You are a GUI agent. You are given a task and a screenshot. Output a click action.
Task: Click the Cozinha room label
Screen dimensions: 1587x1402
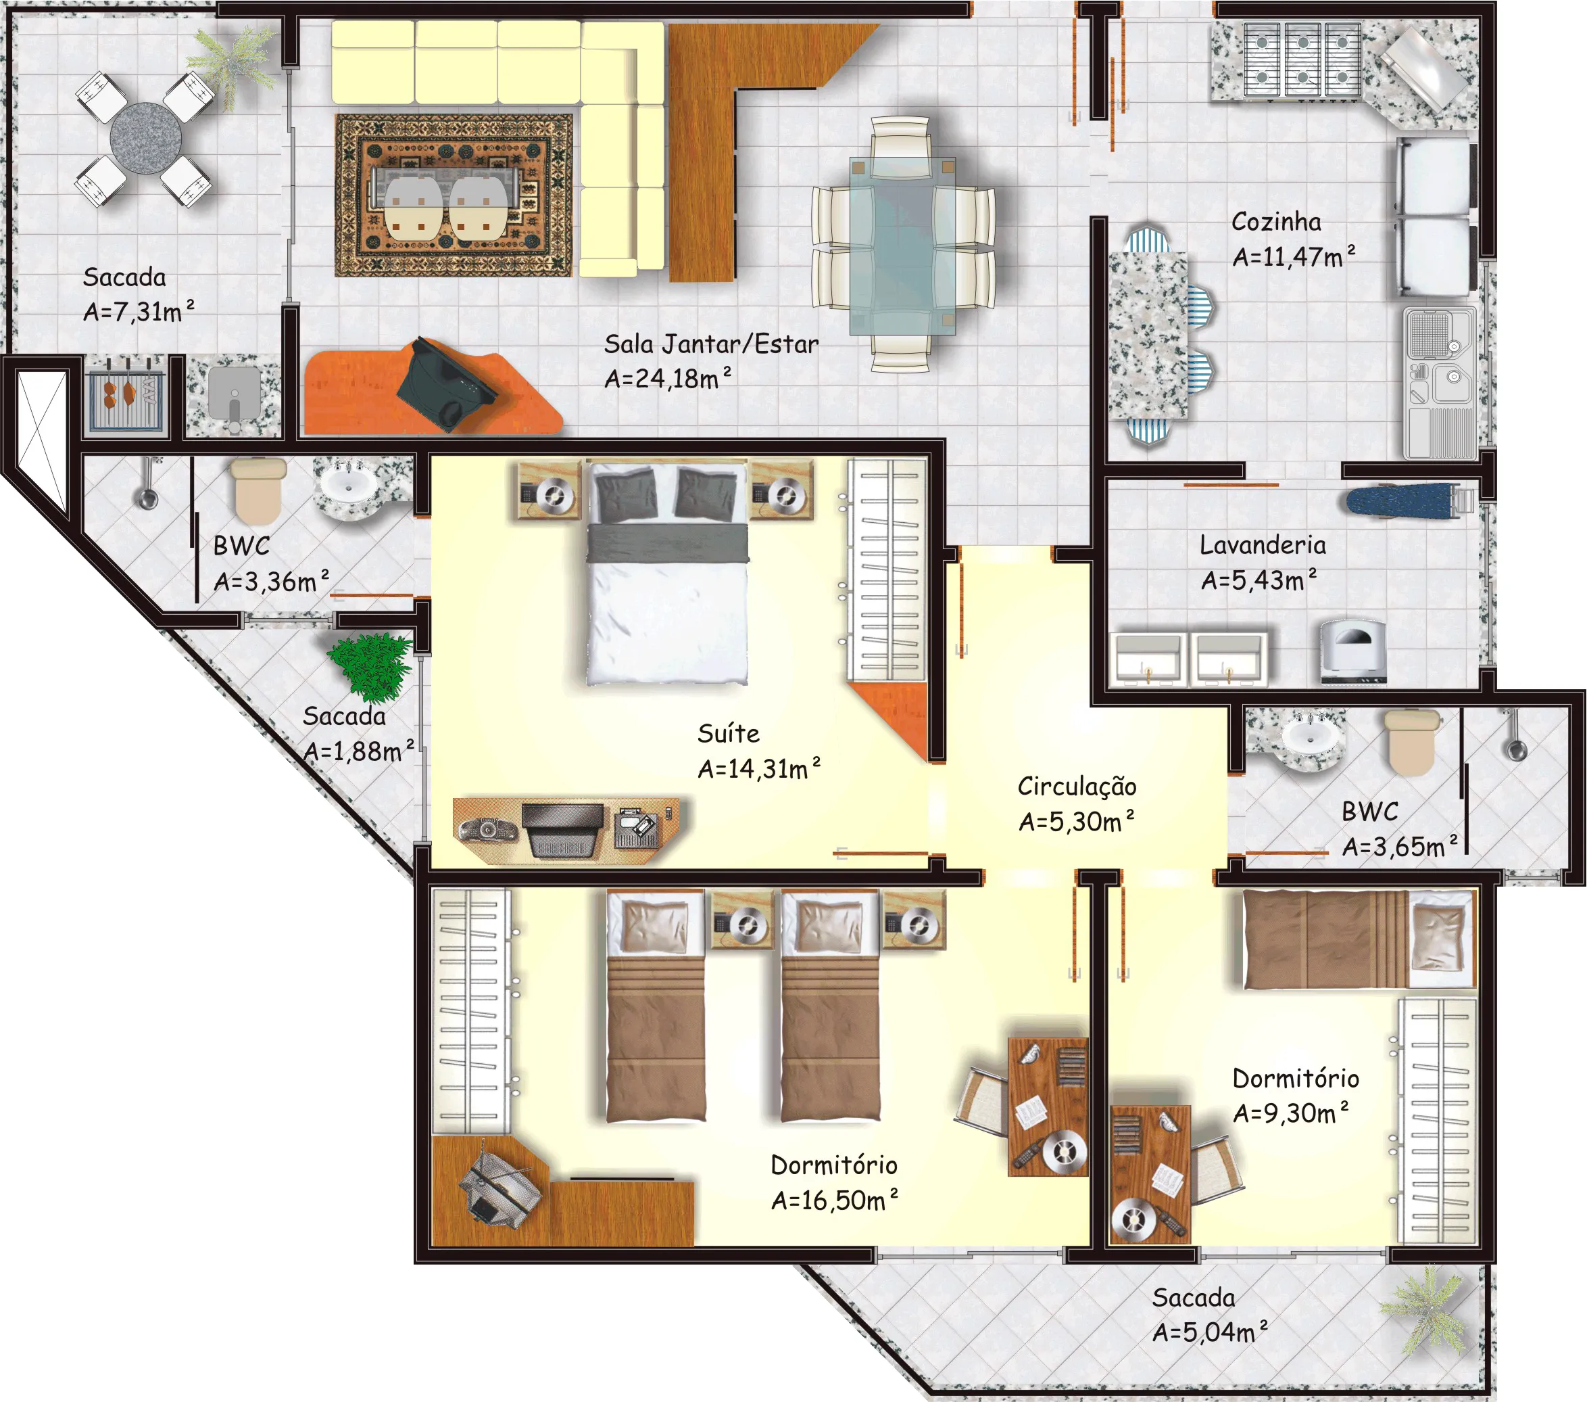[1275, 222]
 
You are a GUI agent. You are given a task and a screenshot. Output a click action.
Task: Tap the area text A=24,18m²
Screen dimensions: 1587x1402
[668, 378]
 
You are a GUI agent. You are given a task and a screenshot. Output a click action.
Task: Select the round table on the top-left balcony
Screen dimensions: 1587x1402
[145, 138]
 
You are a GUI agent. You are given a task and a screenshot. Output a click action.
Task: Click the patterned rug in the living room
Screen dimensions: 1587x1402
[454, 195]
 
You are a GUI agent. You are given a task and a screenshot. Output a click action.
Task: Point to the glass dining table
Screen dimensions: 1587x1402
[902, 246]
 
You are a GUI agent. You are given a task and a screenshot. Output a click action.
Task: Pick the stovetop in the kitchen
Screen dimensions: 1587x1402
[1302, 60]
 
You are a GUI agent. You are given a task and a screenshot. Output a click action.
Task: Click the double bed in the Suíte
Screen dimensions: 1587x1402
[667, 574]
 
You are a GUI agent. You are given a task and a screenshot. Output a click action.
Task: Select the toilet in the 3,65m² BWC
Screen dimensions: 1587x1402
[1413, 743]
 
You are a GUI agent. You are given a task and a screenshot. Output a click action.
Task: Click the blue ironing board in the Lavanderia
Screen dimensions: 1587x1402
[1409, 500]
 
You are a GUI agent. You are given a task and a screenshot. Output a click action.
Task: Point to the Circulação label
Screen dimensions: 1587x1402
[1077, 786]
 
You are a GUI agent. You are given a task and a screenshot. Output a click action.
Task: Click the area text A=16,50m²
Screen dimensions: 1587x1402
[835, 1200]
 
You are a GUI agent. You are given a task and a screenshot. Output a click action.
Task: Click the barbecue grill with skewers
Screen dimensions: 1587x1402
[126, 394]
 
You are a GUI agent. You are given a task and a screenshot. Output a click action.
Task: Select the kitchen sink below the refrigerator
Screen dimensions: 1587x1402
[1440, 383]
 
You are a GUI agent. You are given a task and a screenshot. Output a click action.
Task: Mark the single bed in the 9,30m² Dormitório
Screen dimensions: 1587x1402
[1359, 940]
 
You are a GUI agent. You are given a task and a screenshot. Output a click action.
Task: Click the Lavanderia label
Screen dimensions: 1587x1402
[1263, 545]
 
